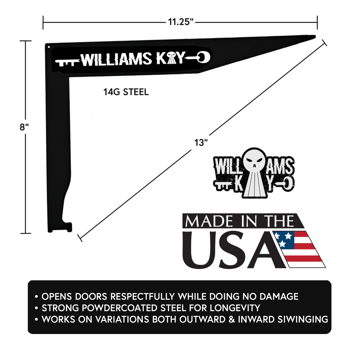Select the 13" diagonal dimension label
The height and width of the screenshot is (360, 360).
pos(202,142)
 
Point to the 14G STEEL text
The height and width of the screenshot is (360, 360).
pos(126,92)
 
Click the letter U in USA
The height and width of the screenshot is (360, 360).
pos(202,250)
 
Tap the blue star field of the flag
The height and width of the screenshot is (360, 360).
pos(284,238)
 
